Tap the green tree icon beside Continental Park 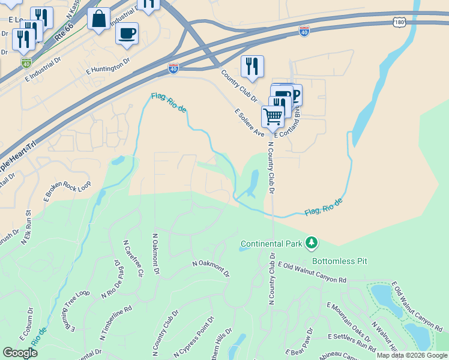point(312,243)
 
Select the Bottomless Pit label point(339,262)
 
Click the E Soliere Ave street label point(249,123)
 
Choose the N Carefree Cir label point(133,259)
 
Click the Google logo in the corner point(20,352)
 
